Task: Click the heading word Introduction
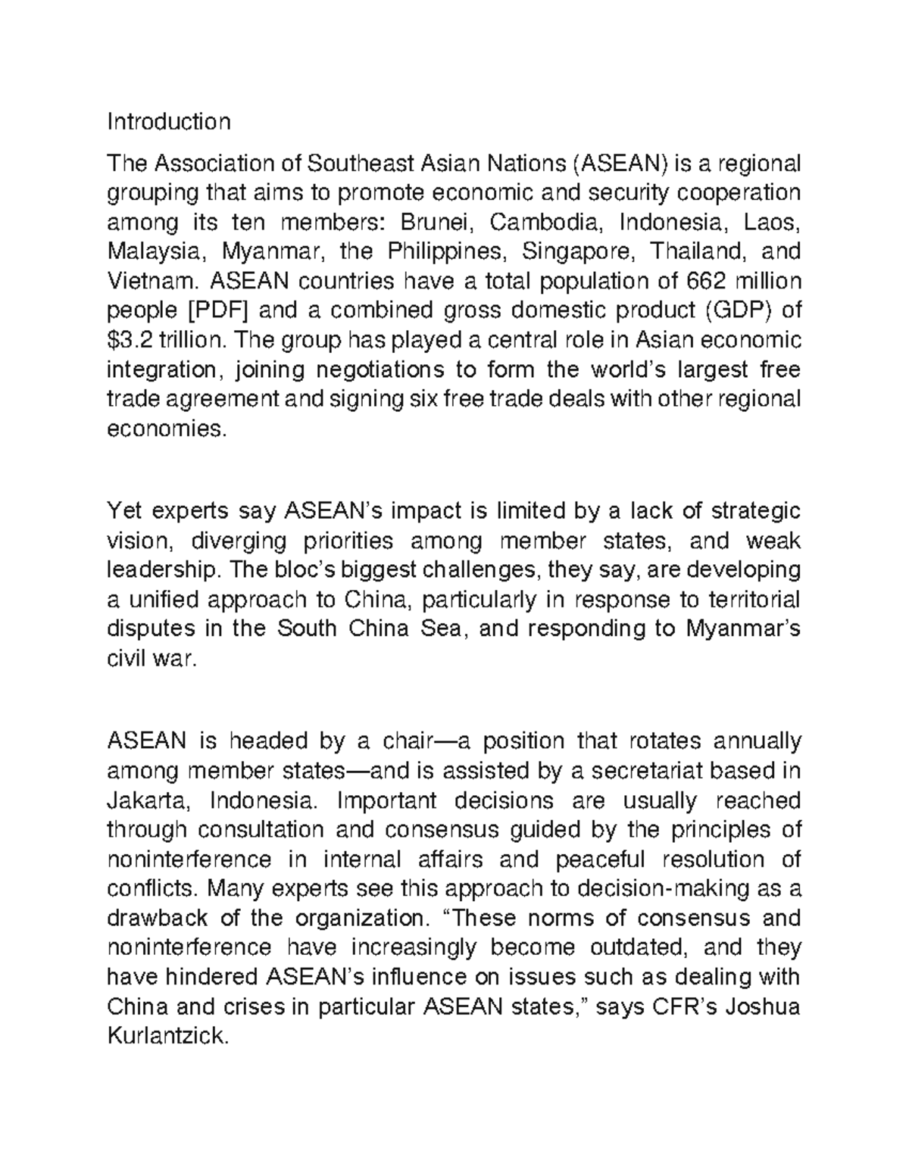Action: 168,121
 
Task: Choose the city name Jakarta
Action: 150,800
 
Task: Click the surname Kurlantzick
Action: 167,1036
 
